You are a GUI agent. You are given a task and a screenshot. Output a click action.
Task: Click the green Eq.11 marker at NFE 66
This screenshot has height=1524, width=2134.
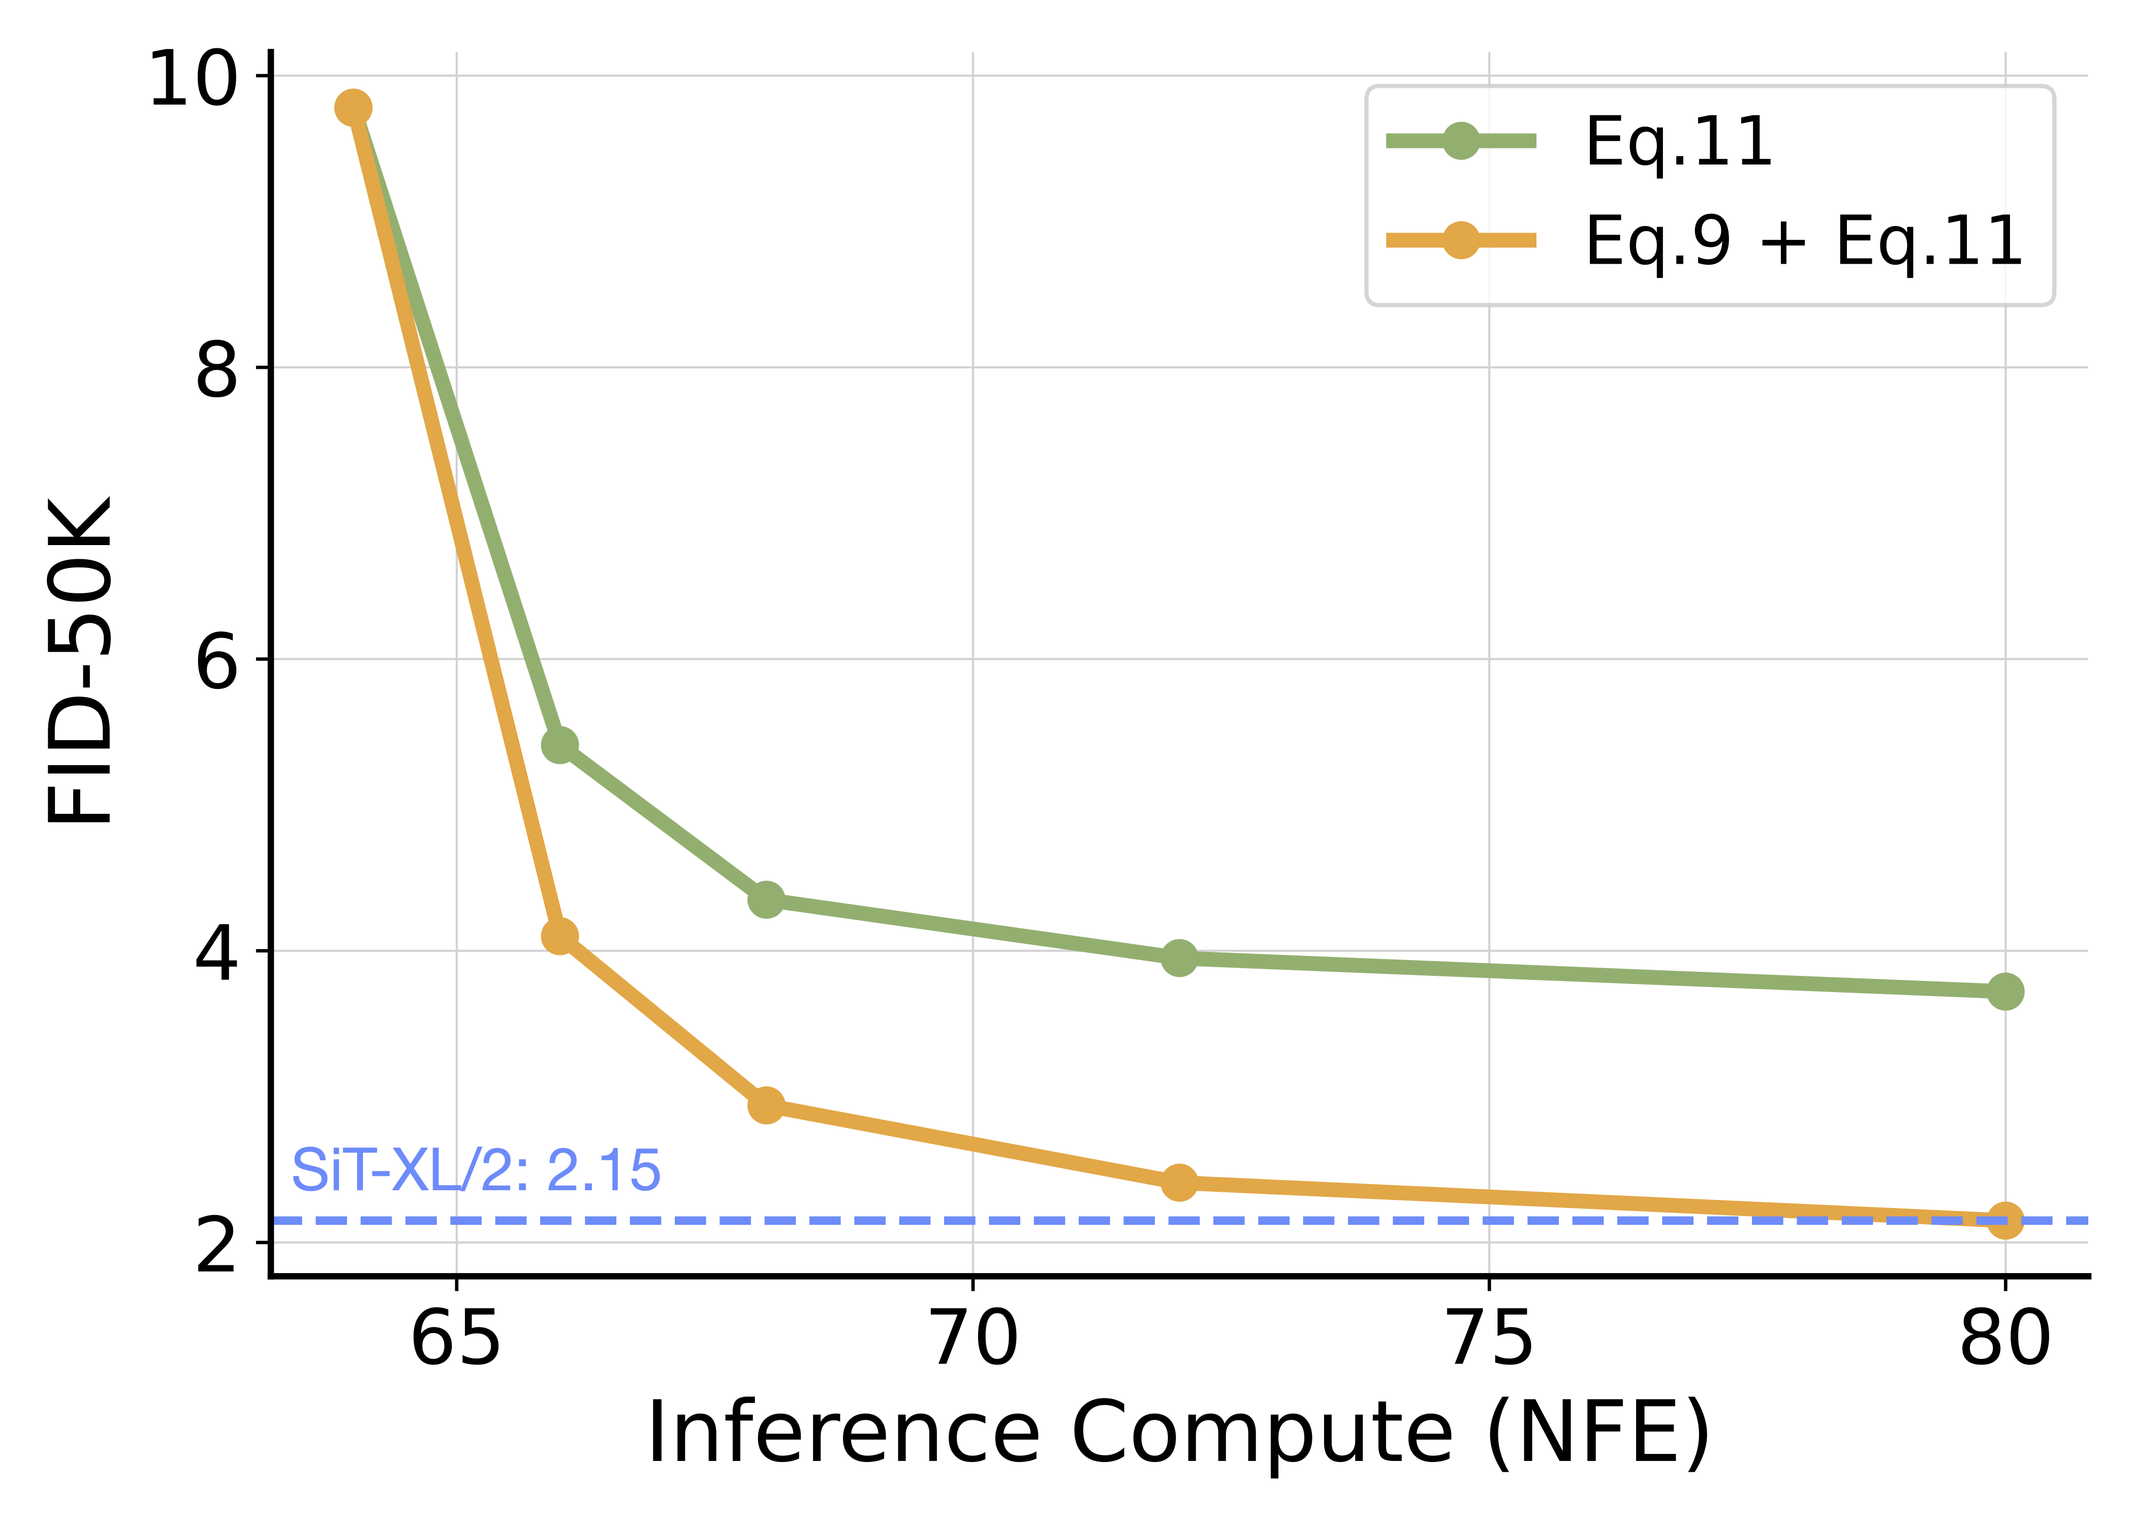(x=559, y=745)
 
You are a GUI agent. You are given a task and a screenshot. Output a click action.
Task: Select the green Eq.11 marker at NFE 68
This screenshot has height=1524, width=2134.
(x=766, y=900)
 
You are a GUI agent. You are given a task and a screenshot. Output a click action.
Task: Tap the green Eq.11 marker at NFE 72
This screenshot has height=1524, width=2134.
(x=1179, y=958)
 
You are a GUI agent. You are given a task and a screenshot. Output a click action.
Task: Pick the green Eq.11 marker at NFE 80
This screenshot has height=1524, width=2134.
(x=2004, y=991)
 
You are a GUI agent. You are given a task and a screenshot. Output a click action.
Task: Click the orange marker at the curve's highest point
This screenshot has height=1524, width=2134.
(x=353, y=108)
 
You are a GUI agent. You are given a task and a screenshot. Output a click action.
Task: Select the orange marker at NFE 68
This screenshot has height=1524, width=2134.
(x=766, y=1105)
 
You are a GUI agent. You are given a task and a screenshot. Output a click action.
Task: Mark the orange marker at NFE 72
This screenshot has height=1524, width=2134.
(x=1179, y=1183)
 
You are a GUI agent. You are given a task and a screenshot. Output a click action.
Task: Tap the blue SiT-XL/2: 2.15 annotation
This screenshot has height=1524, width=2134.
(x=476, y=1170)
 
